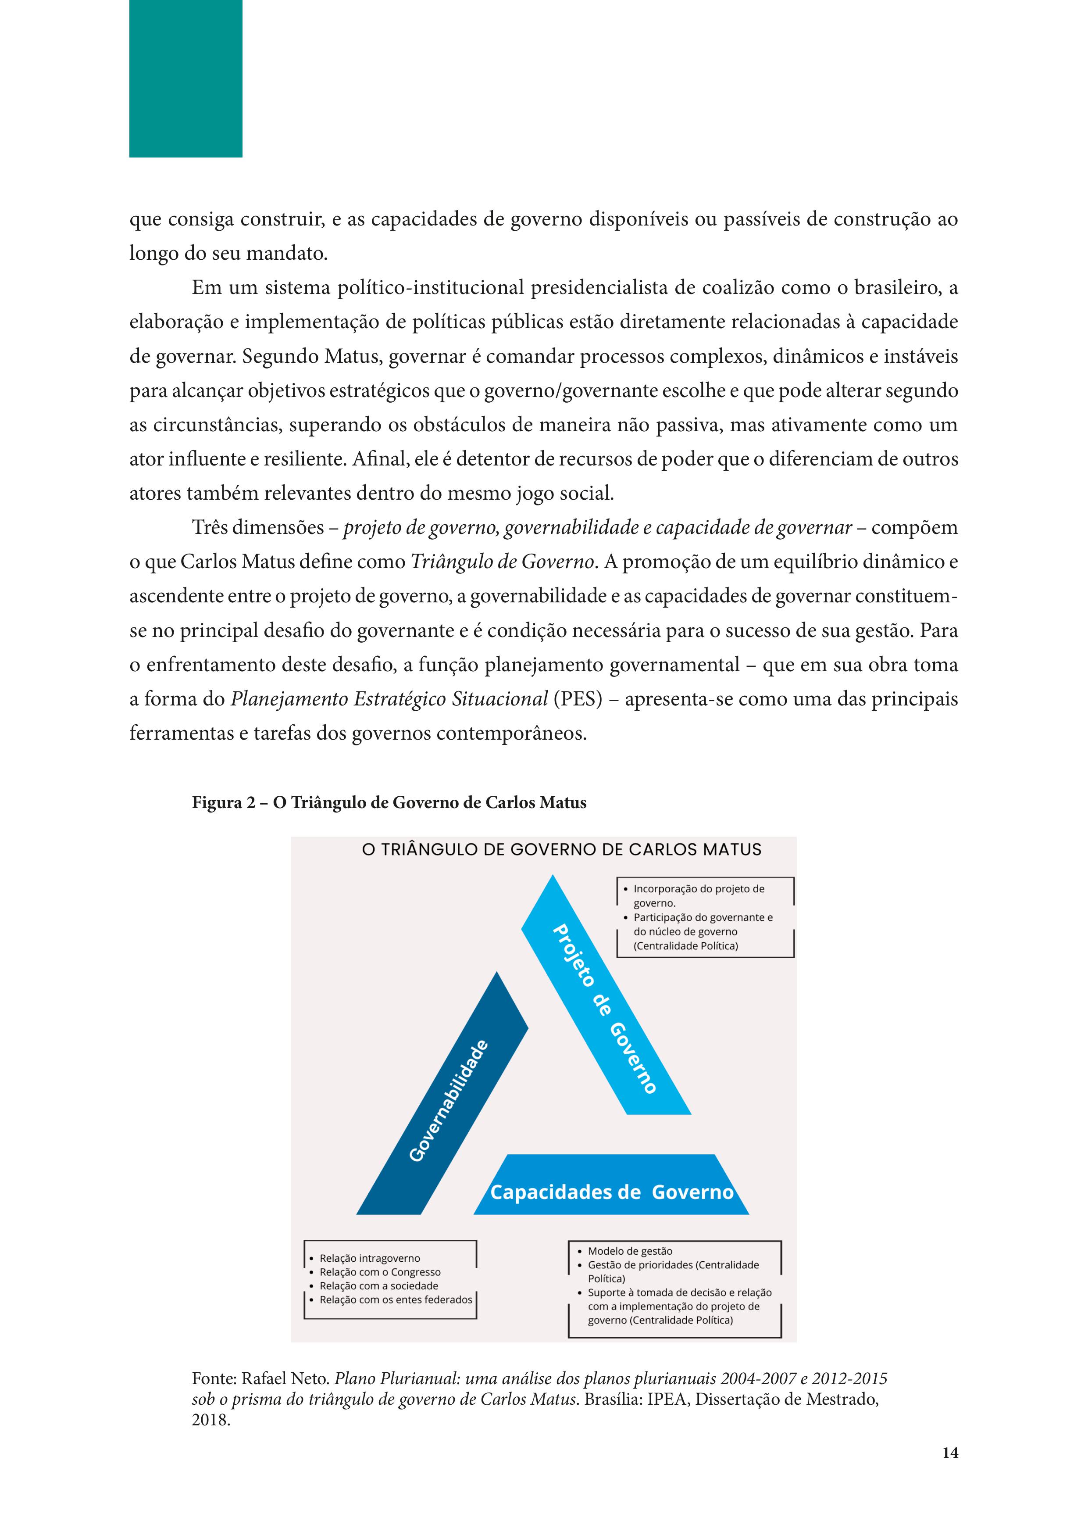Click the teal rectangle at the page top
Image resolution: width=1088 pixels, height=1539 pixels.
(185, 79)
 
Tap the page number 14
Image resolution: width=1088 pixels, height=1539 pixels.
(949, 1471)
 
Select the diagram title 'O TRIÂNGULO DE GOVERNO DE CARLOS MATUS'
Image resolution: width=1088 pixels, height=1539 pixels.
(561, 850)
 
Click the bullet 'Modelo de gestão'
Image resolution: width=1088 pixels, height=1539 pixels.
(630, 1251)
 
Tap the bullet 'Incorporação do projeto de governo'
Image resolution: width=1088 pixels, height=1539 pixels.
(698, 895)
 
